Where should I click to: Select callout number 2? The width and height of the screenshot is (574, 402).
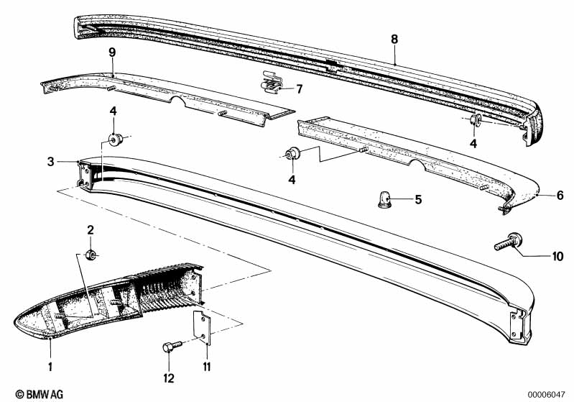pyautogui.click(x=91, y=230)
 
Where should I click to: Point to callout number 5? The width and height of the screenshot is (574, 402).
pyautogui.click(x=417, y=198)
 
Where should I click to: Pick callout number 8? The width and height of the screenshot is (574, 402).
pyautogui.click(x=394, y=39)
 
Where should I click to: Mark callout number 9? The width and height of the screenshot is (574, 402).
pyautogui.click(x=112, y=52)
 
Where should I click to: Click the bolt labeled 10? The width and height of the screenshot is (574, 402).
pyautogui.click(x=509, y=243)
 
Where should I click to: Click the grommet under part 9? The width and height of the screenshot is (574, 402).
pyautogui.click(x=114, y=137)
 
